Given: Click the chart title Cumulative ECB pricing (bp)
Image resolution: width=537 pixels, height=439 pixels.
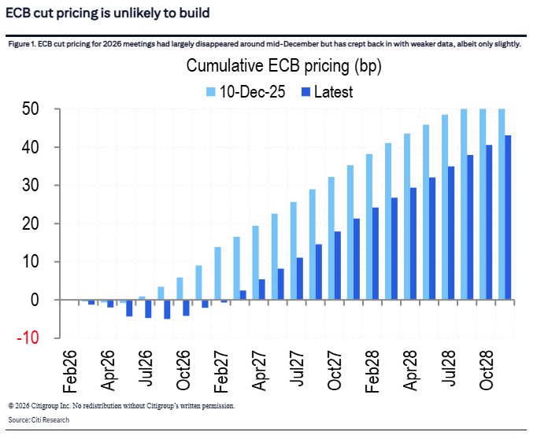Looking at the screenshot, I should tap(283, 66).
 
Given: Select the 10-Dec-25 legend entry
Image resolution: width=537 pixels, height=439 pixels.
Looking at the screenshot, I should tap(247, 91).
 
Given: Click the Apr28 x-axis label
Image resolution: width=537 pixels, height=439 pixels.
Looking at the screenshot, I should tap(413, 367).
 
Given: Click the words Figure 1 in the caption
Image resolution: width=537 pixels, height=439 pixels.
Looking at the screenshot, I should tap(24, 44).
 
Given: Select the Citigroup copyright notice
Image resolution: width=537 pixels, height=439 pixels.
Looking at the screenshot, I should tap(122, 406).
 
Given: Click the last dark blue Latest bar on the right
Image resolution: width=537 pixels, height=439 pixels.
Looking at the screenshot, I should tap(509, 218).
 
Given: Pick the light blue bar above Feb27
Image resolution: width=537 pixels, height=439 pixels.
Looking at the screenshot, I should tap(218, 274).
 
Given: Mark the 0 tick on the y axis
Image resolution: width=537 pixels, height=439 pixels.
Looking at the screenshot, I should tap(32, 301).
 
